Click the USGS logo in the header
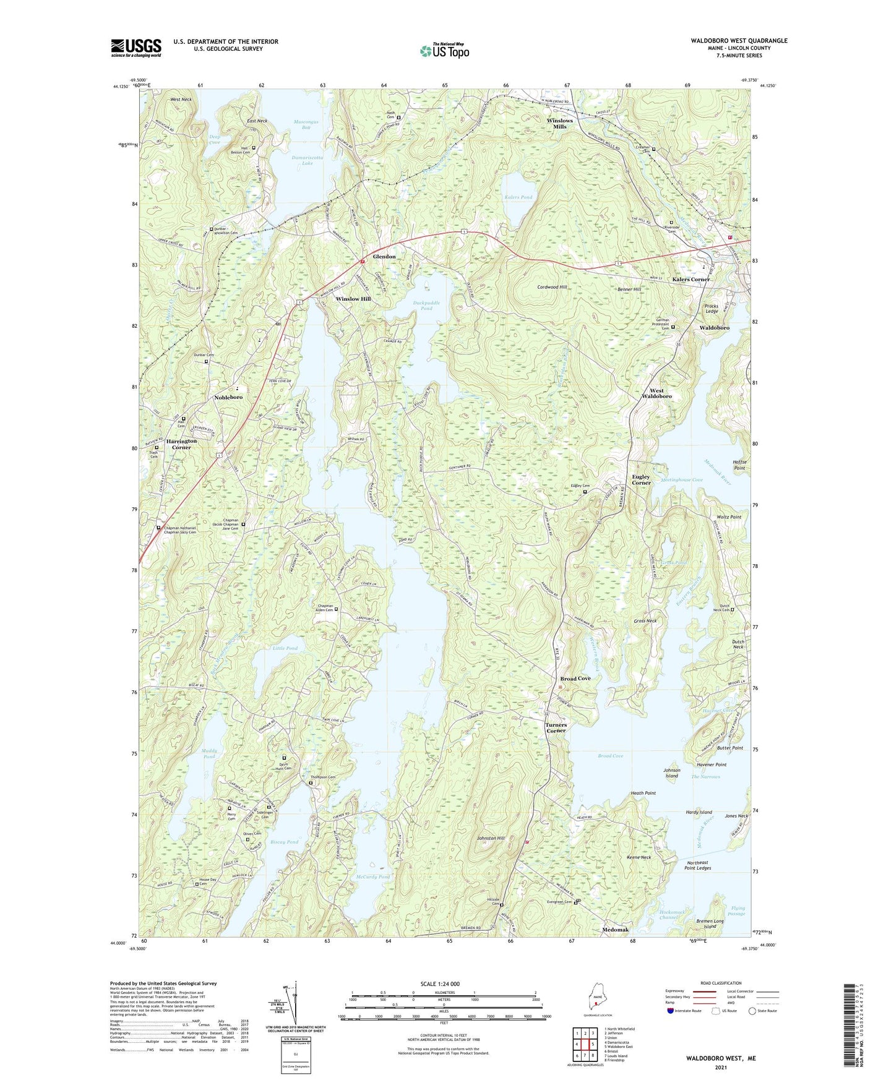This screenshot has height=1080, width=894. coord(136,48)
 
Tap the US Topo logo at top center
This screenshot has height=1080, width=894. coord(444,51)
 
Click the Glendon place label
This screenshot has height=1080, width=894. coord(384,257)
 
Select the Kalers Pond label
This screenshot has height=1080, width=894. coord(518,197)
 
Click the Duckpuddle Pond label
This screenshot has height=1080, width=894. coord(426,306)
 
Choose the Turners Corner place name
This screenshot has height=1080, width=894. coord(556,727)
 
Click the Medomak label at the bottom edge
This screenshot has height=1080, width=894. coord(615,930)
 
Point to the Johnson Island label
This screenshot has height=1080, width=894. coord(672,773)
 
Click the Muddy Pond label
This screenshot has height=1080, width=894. coord(209,753)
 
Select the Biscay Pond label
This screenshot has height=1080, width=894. coord(284,842)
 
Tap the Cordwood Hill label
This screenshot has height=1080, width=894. coord(552,288)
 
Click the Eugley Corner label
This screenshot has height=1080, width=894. coord(641,479)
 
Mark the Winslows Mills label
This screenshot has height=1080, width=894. coord(559,124)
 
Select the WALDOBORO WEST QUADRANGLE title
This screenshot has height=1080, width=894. coord(739,41)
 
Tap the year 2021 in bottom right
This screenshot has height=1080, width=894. coord(720,1067)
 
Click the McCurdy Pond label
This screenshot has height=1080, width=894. coord(373,877)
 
